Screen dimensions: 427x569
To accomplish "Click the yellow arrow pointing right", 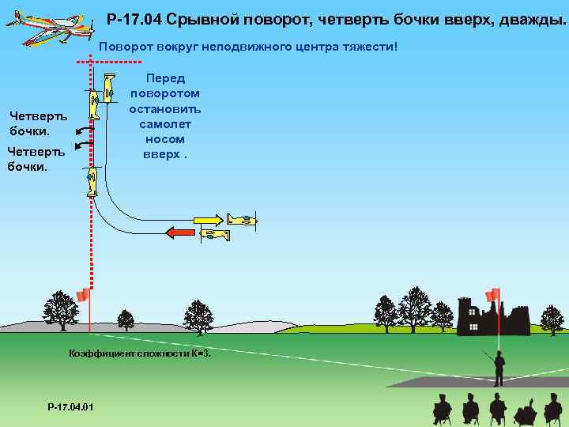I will pos(208,219).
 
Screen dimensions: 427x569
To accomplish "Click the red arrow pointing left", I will pos(180,232).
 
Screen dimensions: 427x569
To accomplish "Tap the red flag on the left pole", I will pos(82,296).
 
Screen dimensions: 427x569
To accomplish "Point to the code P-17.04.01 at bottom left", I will pos(70,406).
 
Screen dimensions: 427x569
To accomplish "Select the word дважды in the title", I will pos(531,18).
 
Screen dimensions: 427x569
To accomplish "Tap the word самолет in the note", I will pos(164,123).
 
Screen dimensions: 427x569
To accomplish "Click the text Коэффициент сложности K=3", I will pos(140,353).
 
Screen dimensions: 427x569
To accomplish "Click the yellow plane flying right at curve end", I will pos(242,219).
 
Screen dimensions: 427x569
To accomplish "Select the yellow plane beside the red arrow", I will pos(214,234).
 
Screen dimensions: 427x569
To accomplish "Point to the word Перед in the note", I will pos(164,78).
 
